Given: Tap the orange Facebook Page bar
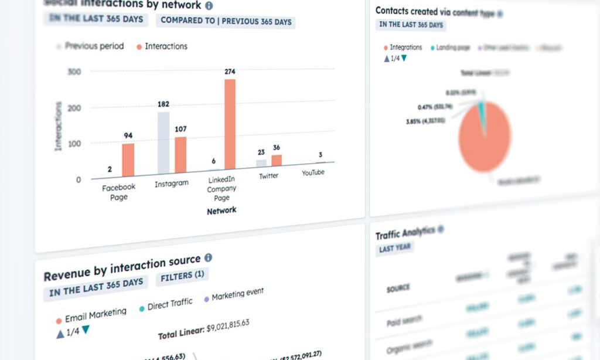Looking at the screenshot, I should coord(128,159).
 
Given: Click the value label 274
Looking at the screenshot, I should coord(230,72).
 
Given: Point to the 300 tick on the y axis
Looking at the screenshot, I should coord(74,72).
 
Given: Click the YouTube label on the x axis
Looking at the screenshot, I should coord(313,173).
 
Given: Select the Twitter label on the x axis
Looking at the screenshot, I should coord(270,175).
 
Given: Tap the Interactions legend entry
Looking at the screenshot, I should coord(165,46).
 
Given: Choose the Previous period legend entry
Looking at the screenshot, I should coord(94,46).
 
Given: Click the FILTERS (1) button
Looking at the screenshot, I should coord(182,275).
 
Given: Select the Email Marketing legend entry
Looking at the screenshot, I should coord(95,315).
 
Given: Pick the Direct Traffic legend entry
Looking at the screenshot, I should coord(170,304).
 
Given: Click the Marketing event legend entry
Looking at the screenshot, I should coord(237,294).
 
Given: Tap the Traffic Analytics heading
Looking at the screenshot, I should coord(405,233).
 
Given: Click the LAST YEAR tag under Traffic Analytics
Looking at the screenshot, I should coord(394,248).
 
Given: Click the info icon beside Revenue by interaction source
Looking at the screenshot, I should coord(208,257).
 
